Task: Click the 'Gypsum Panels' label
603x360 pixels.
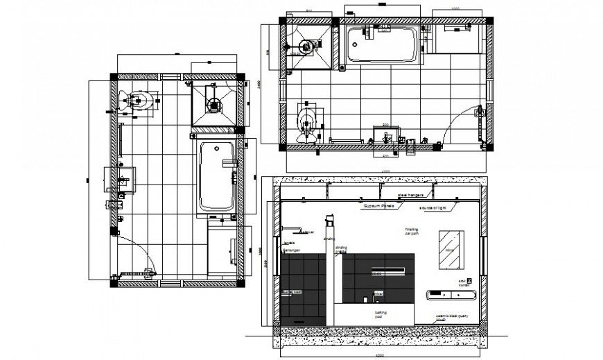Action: click(378, 206)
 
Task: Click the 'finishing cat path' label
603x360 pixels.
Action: click(412, 232)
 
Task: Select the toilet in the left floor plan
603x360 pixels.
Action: click(141, 102)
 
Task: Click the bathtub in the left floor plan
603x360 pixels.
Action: click(217, 176)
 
